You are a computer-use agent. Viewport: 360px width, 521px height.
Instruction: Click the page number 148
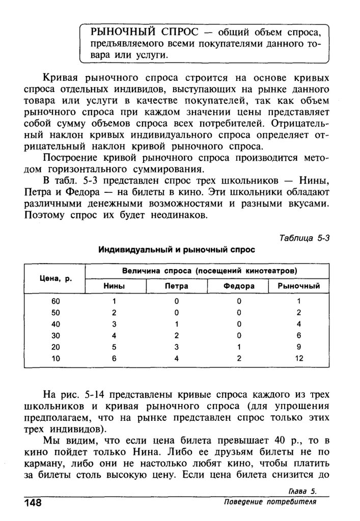31,503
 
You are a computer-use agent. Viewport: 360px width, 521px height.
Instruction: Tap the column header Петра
177,286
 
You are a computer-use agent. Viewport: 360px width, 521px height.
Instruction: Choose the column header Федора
239,286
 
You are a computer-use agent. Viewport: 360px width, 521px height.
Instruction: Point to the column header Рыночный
299,286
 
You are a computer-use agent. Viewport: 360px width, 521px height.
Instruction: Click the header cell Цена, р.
53,278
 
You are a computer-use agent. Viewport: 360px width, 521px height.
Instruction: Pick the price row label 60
56,301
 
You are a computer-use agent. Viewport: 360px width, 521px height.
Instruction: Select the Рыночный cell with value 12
299,358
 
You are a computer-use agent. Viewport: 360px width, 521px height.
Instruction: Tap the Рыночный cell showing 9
299,347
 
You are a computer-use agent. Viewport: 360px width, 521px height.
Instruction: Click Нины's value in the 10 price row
115,358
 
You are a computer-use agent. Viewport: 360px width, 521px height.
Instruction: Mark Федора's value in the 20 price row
238,347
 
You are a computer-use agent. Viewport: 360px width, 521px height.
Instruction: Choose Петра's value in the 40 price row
176,324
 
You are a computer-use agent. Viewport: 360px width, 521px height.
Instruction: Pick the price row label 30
56,335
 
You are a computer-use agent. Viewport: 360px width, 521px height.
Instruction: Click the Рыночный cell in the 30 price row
299,335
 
